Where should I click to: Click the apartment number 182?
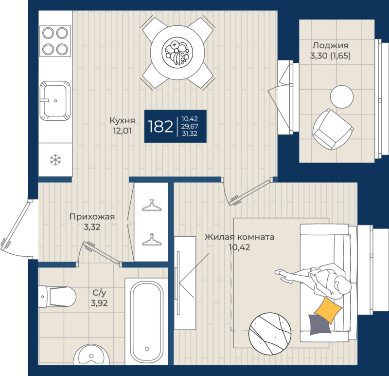(x=160, y=126)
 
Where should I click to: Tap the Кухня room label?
(x=123, y=120)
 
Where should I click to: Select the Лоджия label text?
(x=330, y=45)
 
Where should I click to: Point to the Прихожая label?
(x=92, y=217)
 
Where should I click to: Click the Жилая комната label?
(x=239, y=237)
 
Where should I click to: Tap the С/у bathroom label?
(x=99, y=293)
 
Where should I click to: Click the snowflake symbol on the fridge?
(x=55, y=160)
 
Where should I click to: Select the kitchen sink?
(x=55, y=101)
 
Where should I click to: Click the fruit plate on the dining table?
(x=177, y=53)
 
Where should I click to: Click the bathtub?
(x=147, y=322)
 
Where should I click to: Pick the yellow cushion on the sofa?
(x=328, y=310)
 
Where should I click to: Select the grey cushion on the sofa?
(x=320, y=324)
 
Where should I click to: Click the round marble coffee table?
(x=270, y=334)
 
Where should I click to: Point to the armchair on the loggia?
(x=333, y=130)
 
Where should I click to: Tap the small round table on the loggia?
(x=342, y=96)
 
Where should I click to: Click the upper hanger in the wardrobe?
(x=152, y=205)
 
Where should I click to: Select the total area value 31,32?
(x=190, y=134)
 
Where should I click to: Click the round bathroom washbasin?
(x=91, y=355)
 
